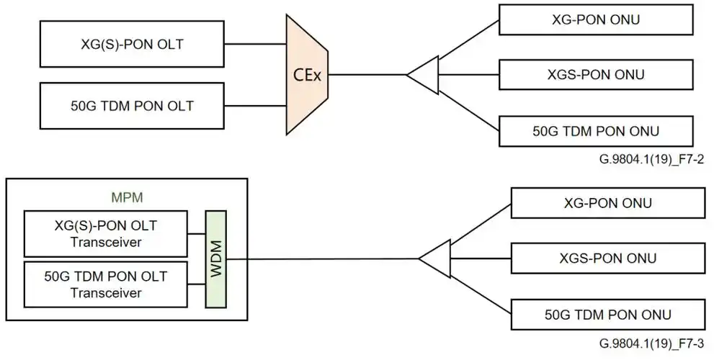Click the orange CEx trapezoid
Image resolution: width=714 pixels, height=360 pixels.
click(307, 74)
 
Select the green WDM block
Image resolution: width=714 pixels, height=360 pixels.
click(216, 258)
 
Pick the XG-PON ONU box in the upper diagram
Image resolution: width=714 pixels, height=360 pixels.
click(596, 19)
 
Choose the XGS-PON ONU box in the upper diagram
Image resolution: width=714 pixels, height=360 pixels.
click(596, 74)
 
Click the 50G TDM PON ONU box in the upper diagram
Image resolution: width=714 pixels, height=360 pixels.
click(596, 130)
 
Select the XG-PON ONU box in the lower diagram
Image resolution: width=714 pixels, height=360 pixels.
click(607, 202)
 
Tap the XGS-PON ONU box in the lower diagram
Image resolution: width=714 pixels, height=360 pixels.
click(607, 258)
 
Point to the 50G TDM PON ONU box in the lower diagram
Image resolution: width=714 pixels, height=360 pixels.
click(607, 315)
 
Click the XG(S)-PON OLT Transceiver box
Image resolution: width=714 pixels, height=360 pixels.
click(106, 233)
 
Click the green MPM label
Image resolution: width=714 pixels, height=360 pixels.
click(126, 195)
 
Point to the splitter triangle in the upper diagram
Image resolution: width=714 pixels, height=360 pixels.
click(426, 74)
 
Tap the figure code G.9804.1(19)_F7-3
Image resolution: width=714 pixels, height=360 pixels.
click(656, 344)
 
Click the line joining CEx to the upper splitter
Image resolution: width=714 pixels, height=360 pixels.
click(367, 74)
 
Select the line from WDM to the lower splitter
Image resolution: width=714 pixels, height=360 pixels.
click(324, 258)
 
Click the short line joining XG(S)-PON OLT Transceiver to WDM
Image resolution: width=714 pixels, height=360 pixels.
click(197, 233)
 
